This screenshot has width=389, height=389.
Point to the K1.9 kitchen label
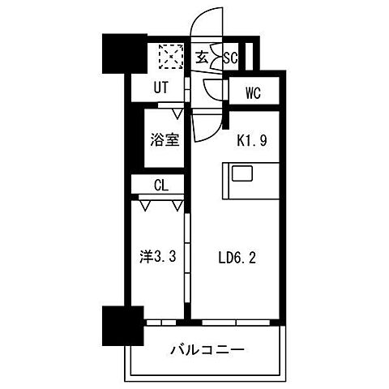(251, 139)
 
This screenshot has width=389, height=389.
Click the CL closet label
(161, 186)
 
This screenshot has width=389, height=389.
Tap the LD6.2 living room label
(238, 261)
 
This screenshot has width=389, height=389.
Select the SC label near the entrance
(230, 58)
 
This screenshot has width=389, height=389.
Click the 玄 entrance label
(202, 58)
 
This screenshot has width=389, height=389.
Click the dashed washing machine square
(170, 58)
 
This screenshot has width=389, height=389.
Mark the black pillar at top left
(119, 54)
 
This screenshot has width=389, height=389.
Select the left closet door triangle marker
(143, 206)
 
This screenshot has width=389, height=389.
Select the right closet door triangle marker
(177, 206)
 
